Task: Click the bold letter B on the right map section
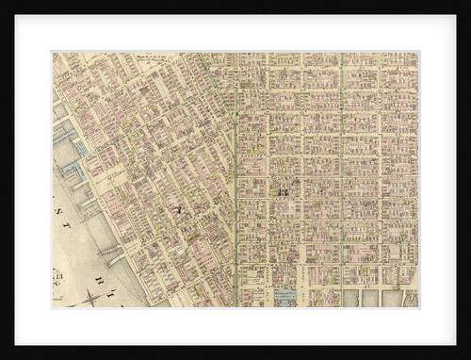pos(282,191)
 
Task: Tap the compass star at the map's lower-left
pos(91,297)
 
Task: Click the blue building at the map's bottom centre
pos(284,297)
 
